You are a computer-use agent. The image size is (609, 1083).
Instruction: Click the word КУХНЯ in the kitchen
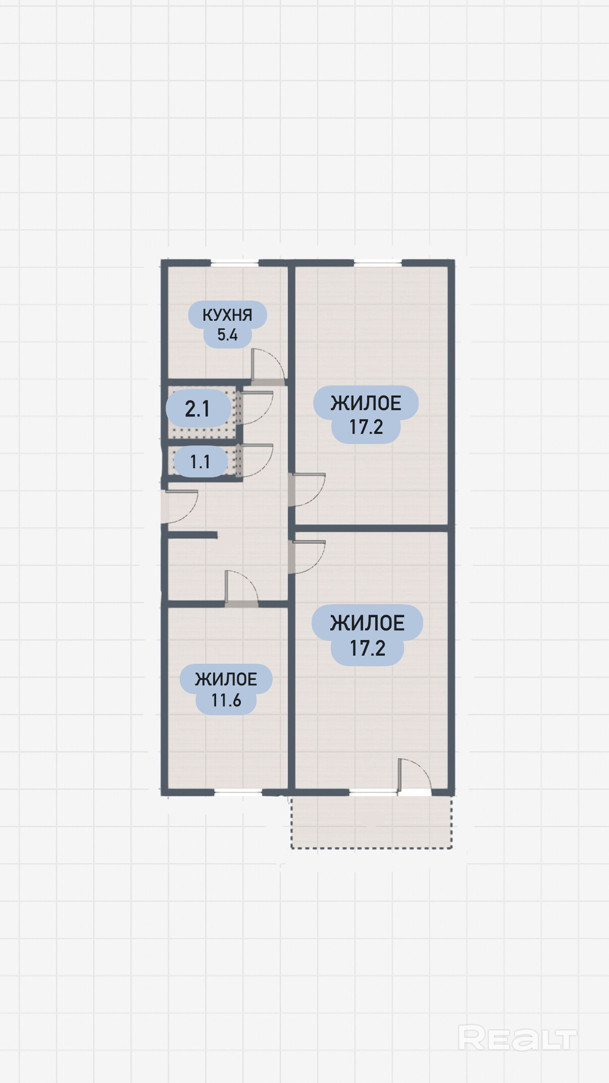click(227, 315)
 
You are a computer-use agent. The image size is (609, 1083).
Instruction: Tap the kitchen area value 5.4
click(227, 334)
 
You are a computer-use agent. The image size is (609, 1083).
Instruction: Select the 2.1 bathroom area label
click(197, 409)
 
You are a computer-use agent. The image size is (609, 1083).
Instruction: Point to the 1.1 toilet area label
click(200, 462)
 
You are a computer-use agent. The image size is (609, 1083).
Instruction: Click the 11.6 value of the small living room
click(226, 701)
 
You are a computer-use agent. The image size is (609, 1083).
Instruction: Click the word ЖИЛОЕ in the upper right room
click(366, 403)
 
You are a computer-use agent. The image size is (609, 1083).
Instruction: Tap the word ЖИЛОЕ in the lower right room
click(367, 623)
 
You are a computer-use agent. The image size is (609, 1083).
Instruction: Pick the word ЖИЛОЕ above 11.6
click(226, 679)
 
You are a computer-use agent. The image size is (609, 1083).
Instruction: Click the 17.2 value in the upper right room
click(366, 427)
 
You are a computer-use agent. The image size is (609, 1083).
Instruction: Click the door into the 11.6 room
click(241, 586)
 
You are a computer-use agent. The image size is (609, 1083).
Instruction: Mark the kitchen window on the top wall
click(234, 263)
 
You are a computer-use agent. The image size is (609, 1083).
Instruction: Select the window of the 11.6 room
click(238, 793)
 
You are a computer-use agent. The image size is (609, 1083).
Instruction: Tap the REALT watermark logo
click(517, 1039)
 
